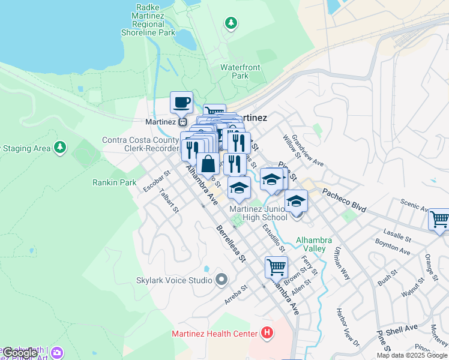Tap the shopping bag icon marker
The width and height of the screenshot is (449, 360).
[208, 164]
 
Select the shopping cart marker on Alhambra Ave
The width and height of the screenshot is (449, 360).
[276, 266]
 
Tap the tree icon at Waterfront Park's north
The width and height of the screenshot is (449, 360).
[231, 23]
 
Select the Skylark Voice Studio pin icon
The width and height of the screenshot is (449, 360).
[222, 280]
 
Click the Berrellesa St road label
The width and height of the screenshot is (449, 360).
[232, 246]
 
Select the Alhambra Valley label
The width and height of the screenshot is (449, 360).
[311, 244]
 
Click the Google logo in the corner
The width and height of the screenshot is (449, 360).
[19, 353]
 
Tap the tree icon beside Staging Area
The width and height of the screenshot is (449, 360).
[59, 147]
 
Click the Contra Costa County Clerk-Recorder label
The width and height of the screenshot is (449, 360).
[140, 144]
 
